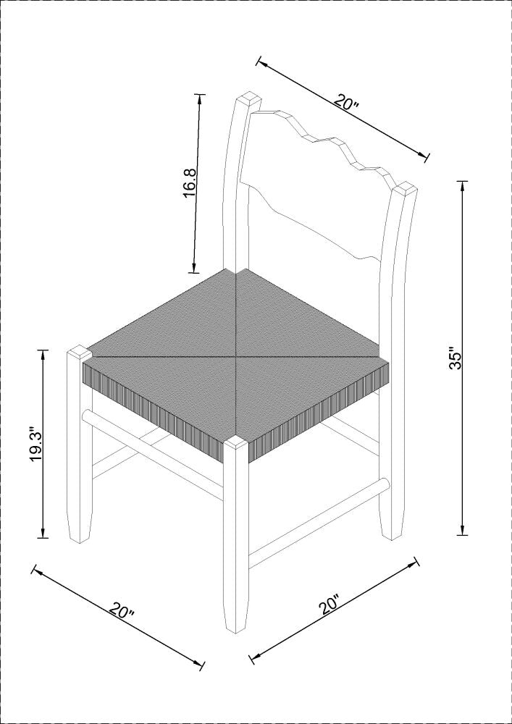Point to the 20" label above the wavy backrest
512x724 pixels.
pyautogui.click(x=346, y=101)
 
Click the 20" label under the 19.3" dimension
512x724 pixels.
pyautogui.click(x=122, y=609)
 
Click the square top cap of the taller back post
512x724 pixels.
pyautogui.click(x=248, y=100)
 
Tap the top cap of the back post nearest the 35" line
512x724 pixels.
pyautogui.click(x=405, y=190)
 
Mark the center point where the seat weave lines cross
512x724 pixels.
pyautogui.click(x=237, y=357)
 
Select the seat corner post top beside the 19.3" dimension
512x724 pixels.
pyautogui.click(x=77, y=353)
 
